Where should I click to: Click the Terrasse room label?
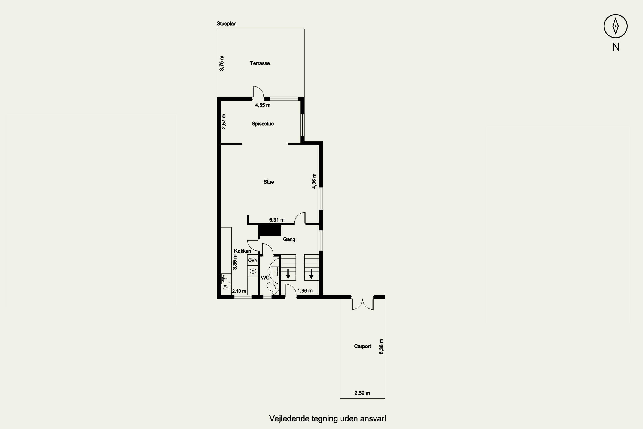coord(260,63)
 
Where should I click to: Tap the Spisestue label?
coord(263,124)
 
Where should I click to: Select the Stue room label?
coord(269,182)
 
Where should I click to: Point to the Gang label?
coord(289,239)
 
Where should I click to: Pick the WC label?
coord(265,278)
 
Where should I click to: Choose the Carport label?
coord(362,346)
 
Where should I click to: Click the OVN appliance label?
coord(253,260)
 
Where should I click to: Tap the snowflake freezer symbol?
coord(253,271)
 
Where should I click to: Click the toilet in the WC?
coord(272,288)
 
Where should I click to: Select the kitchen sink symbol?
coord(226,279)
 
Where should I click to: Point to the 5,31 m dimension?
coord(277,220)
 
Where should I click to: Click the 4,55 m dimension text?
coord(263,105)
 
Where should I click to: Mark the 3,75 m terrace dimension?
coord(222,63)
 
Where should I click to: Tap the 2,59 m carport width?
coord(362,393)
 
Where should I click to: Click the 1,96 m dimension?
coord(305,291)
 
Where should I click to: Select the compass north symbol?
coord(616,26)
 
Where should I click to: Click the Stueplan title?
coord(227,24)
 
